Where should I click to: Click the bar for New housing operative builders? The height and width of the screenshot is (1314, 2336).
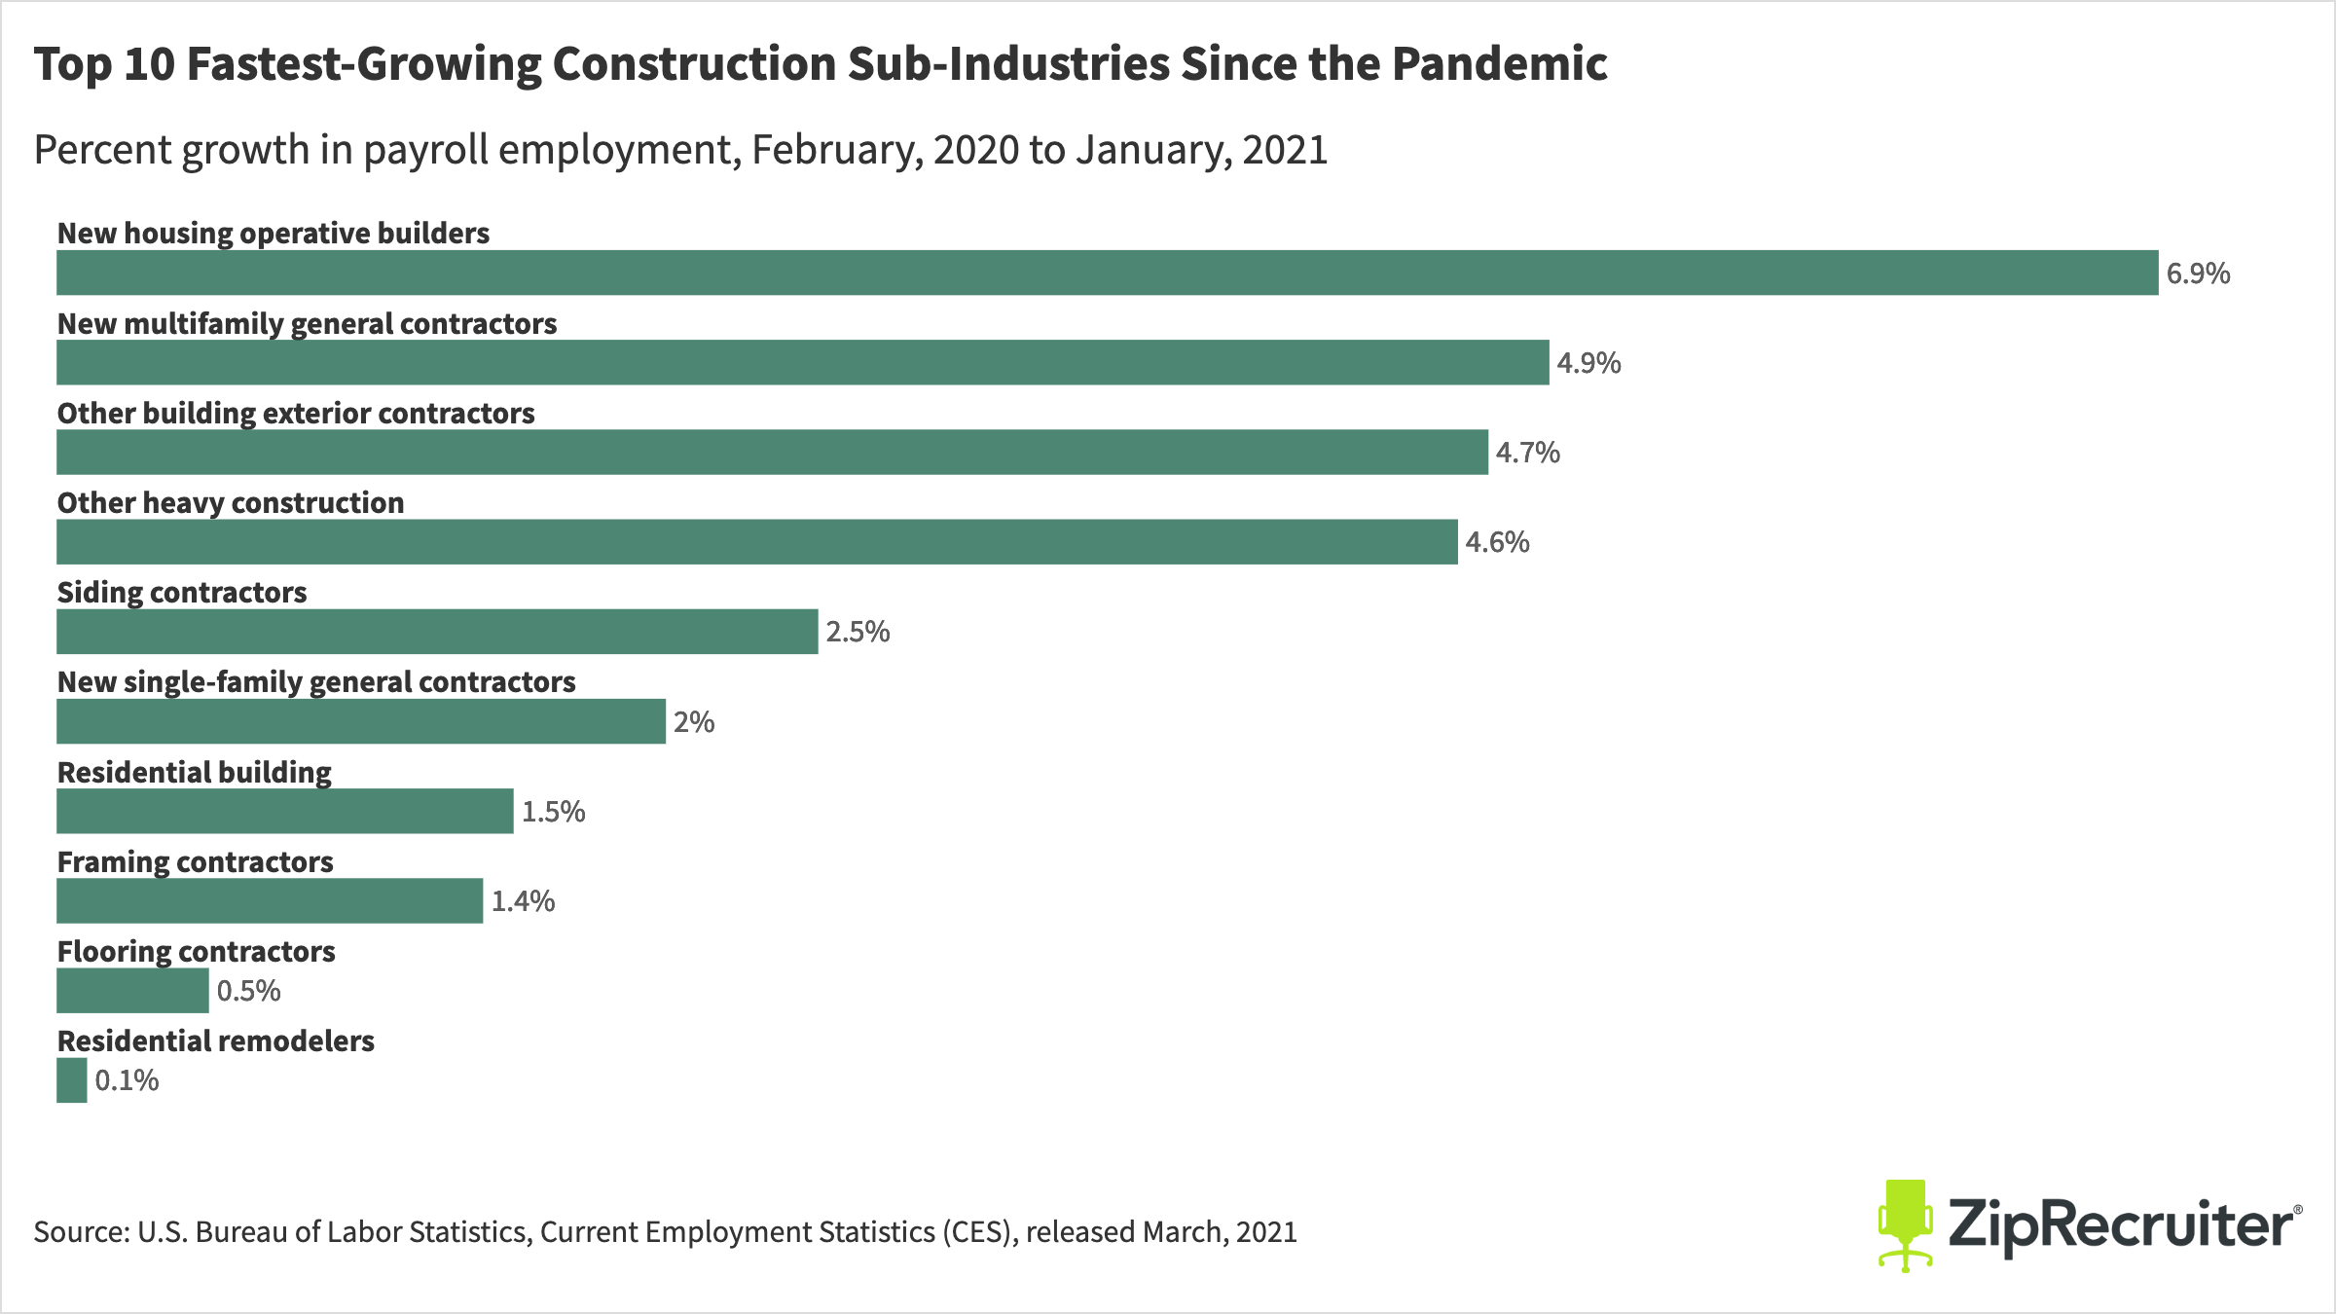pyautogui.click(x=1107, y=273)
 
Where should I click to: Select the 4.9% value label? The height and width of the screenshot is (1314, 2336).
pyautogui.click(x=1588, y=363)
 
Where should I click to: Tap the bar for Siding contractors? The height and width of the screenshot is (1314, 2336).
pyautogui.click(x=437, y=632)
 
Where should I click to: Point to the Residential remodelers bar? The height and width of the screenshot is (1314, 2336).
pyautogui.click(x=72, y=1080)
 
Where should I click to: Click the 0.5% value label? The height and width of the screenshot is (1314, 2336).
pyautogui.click(x=248, y=991)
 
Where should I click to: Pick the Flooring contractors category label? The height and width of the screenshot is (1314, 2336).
pyautogui.click(x=196, y=951)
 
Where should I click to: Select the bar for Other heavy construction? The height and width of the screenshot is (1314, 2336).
pyautogui.click(x=756, y=542)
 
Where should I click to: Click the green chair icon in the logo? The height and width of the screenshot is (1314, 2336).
pyautogui.click(x=1905, y=1224)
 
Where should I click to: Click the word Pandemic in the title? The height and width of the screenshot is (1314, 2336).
pyautogui.click(x=1499, y=64)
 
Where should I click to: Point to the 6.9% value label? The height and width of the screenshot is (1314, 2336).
pyautogui.click(x=2198, y=274)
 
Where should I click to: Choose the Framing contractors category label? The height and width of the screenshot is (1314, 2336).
pyautogui.click(x=195, y=861)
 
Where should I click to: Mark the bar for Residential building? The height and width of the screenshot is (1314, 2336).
pyautogui.click(x=284, y=811)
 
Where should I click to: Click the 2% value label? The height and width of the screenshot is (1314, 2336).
pyautogui.click(x=694, y=722)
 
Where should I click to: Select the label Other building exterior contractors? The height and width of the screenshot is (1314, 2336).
pyautogui.click(x=296, y=413)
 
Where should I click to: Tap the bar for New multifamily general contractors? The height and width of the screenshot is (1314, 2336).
pyautogui.click(x=802, y=362)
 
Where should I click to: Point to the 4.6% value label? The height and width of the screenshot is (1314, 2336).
pyautogui.click(x=1497, y=542)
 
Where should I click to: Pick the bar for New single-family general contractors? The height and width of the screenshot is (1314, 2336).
pyautogui.click(x=360, y=721)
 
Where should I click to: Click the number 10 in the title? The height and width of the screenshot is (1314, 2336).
pyautogui.click(x=149, y=64)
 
